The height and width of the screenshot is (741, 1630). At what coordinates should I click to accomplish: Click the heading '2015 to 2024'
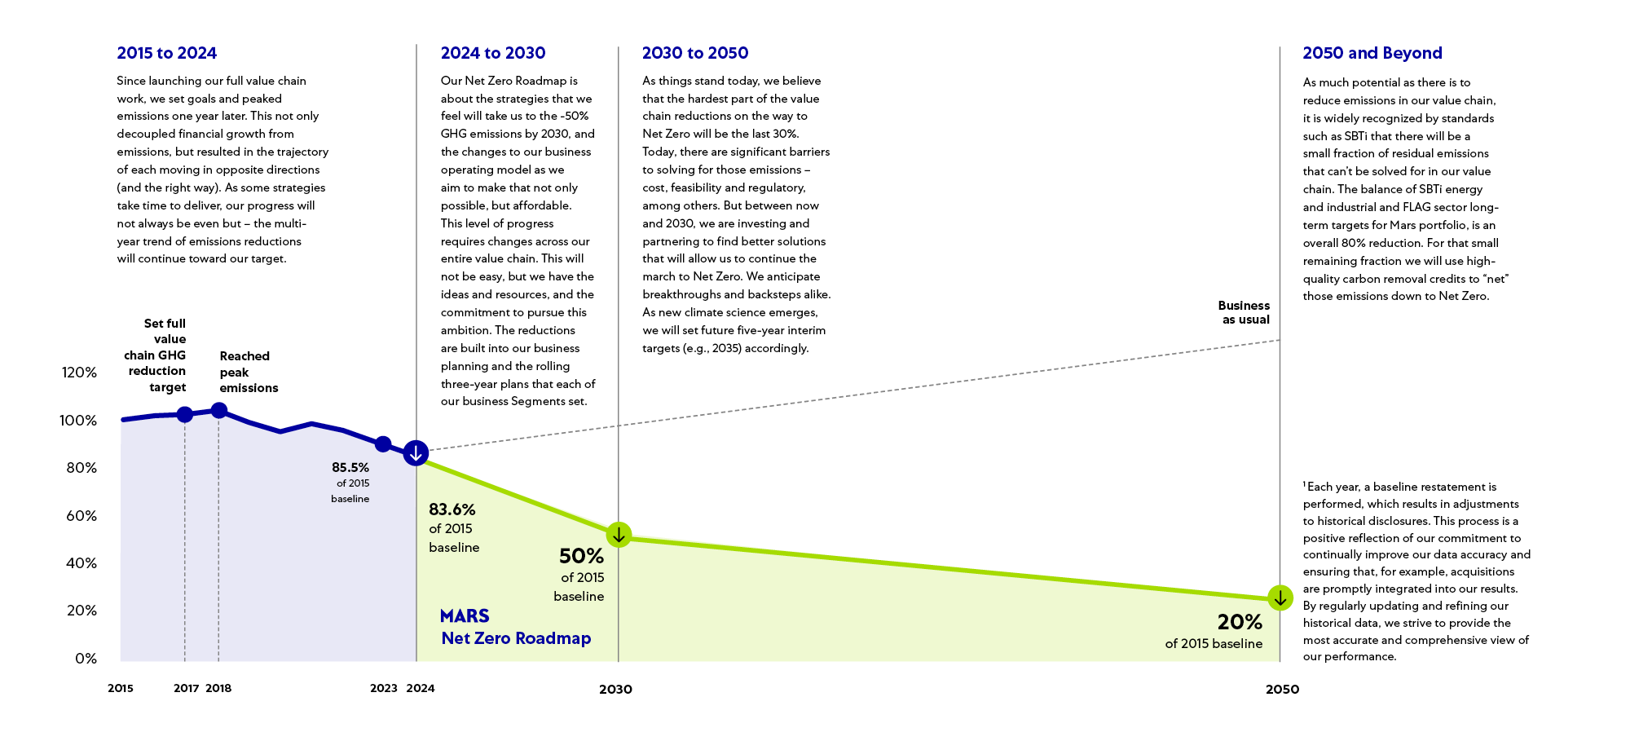click(166, 53)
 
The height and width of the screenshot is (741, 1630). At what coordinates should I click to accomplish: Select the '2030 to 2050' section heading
click(694, 53)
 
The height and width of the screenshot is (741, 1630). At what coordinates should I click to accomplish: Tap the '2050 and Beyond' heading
click(1372, 53)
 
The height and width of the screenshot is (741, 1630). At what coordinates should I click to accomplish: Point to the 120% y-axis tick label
click(79, 373)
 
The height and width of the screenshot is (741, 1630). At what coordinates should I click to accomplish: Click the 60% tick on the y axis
click(81, 515)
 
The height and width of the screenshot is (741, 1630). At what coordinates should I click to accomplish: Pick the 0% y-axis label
click(86, 658)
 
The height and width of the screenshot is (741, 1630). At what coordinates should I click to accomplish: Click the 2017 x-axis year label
click(186, 688)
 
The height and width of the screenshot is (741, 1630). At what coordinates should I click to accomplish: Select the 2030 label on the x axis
click(615, 689)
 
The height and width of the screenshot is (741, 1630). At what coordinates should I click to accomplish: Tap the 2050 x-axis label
click(1282, 689)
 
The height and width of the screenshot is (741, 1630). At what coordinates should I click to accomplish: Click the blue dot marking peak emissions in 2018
click(218, 410)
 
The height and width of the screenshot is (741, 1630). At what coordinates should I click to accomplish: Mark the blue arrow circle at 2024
click(416, 452)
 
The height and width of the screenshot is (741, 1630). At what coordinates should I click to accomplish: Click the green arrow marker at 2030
click(619, 535)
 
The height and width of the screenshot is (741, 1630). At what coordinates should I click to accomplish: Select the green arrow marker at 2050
click(1280, 598)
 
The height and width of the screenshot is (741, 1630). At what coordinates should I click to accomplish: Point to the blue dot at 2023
click(382, 443)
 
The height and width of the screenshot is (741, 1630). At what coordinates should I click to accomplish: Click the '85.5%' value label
click(350, 468)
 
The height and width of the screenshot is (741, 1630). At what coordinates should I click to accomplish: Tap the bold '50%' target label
click(581, 556)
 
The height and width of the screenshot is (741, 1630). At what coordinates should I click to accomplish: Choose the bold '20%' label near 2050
click(1239, 622)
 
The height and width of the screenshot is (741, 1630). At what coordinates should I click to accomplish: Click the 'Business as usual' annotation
click(1244, 312)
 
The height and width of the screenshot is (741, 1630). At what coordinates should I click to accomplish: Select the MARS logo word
click(465, 615)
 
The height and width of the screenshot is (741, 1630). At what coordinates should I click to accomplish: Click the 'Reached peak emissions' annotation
click(248, 372)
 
